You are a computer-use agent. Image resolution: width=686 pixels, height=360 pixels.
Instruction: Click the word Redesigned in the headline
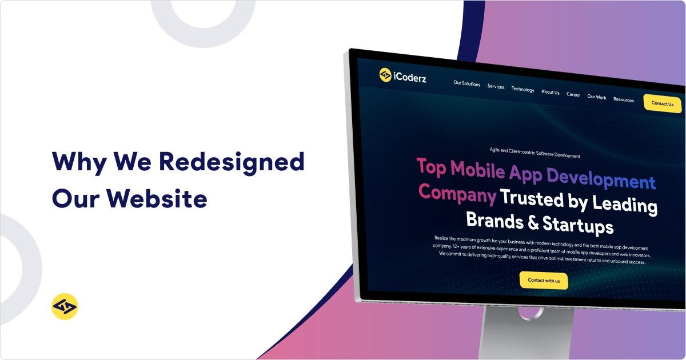click(x=232, y=162)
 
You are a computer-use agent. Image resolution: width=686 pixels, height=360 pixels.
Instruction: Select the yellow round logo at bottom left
click(x=65, y=306)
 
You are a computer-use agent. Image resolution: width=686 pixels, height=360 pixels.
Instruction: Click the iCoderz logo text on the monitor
click(x=410, y=78)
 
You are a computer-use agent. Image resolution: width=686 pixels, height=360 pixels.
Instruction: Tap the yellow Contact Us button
click(x=662, y=103)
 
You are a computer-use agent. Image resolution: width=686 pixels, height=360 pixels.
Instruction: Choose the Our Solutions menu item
click(x=467, y=83)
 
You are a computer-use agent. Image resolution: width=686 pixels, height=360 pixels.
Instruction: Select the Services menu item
click(x=496, y=87)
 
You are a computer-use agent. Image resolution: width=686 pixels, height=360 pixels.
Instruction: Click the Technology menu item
click(x=523, y=89)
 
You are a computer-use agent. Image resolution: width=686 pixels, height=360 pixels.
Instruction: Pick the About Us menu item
click(x=551, y=92)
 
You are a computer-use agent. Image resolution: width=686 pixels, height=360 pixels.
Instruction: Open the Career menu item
click(x=573, y=94)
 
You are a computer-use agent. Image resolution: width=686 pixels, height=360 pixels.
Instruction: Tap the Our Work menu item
click(x=597, y=97)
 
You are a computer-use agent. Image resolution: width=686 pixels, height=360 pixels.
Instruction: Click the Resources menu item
click(x=623, y=99)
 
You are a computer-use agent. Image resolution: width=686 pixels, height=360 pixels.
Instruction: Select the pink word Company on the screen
click(x=457, y=193)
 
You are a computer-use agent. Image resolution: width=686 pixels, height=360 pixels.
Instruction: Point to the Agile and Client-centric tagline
click(x=535, y=155)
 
